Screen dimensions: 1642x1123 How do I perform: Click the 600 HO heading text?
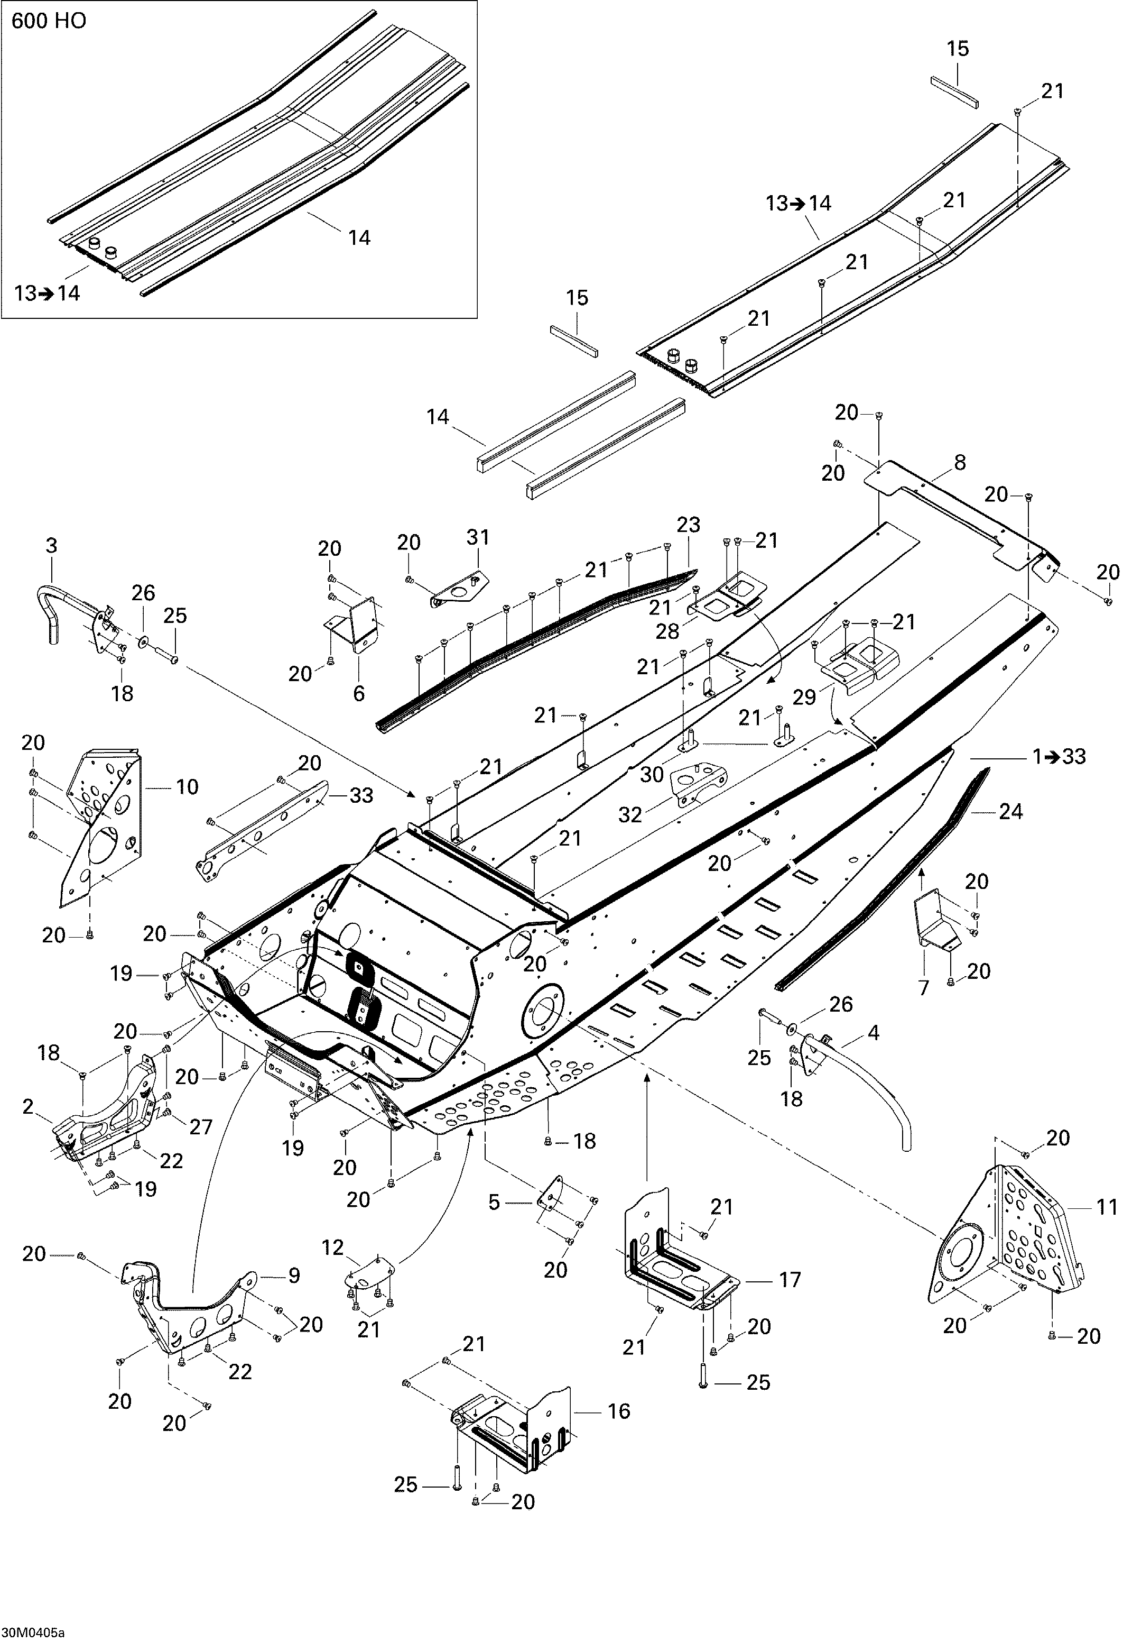tap(49, 21)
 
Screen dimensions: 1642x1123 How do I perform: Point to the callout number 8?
tap(959, 463)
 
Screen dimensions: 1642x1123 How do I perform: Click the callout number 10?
tap(187, 786)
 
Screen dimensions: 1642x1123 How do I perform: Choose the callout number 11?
tap(1108, 1207)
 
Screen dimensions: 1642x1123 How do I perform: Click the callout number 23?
tap(688, 525)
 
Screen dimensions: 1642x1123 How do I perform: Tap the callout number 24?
tap(1010, 812)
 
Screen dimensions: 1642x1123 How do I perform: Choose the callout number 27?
tap(201, 1127)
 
